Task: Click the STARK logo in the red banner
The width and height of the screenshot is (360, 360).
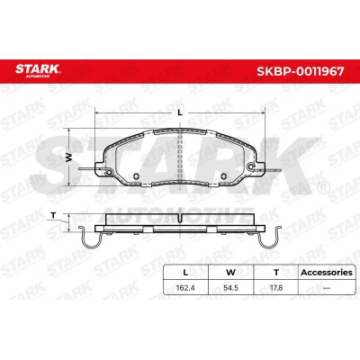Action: (x=38, y=70)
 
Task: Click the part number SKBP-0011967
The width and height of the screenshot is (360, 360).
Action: (x=301, y=71)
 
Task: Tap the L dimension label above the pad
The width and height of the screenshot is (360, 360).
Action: (x=180, y=112)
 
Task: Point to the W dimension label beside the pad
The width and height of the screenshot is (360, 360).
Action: (x=69, y=157)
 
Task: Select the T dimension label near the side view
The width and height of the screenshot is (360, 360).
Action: (x=53, y=215)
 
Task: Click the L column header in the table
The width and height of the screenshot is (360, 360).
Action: (x=185, y=273)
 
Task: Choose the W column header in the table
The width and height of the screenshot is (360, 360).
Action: (x=230, y=273)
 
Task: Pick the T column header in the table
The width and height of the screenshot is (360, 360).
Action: (x=276, y=273)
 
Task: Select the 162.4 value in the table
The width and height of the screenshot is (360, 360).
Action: (x=185, y=288)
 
